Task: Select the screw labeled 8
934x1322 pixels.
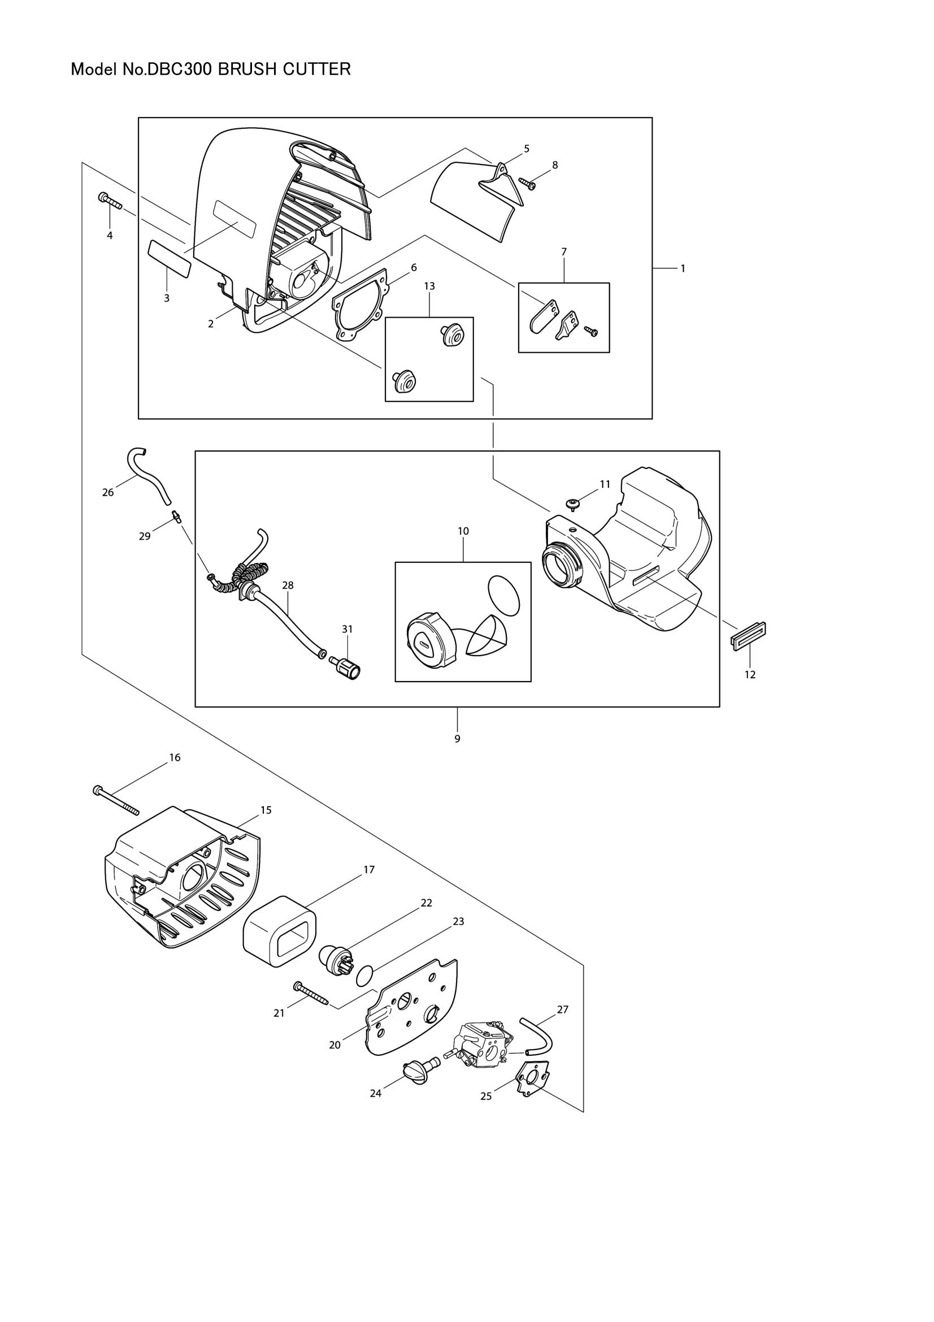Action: point(527,183)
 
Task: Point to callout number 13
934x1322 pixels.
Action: point(429,286)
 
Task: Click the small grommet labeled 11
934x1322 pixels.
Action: point(572,504)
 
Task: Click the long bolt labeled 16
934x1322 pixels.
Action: point(116,800)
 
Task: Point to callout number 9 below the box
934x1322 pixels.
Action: point(458,739)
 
